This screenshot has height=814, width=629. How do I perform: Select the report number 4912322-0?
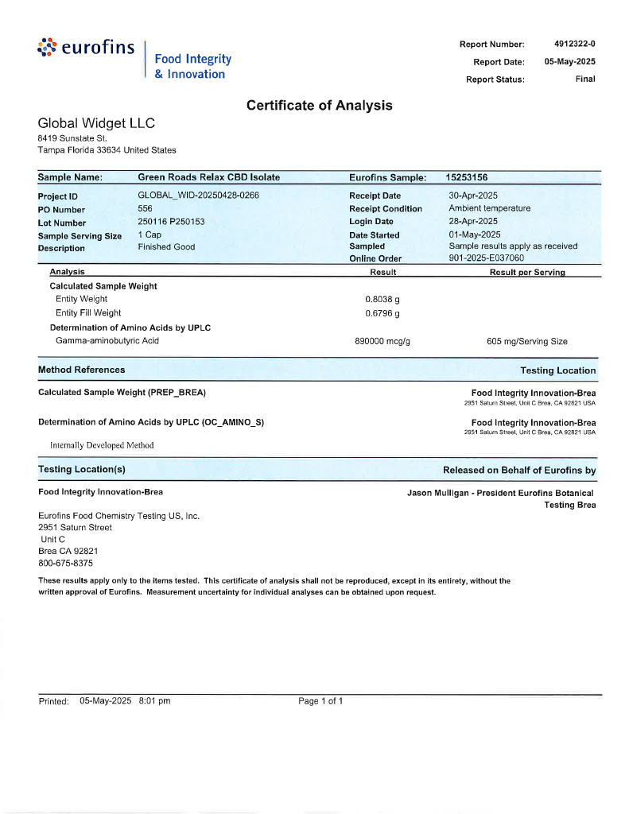tap(574, 44)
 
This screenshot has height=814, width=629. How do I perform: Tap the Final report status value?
tap(585, 79)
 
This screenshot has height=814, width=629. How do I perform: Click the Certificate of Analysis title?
tap(319, 105)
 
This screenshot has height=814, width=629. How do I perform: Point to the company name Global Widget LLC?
tap(96, 123)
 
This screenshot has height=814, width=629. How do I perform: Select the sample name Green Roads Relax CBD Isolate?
tap(208, 177)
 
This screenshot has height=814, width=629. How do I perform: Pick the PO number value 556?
tap(146, 208)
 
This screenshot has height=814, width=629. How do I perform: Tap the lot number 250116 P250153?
tap(171, 221)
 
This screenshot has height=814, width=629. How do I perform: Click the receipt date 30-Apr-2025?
tap(473, 196)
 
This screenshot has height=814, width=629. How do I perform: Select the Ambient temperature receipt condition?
tap(489, 208)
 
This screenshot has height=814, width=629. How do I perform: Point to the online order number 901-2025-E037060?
tap(486, 258)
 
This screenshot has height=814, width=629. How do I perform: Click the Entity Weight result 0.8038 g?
tap(382, 299)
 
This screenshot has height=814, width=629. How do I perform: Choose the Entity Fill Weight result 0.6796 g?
tap(382, 312)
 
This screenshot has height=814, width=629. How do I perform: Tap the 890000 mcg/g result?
tap(381, 341)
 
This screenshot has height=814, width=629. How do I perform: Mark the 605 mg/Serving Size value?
tap(526, 341)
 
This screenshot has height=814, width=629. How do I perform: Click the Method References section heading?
tap(81, 370)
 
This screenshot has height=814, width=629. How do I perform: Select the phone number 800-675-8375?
tap(65, 563)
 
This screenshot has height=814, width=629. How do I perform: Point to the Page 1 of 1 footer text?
tap(320, 701)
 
